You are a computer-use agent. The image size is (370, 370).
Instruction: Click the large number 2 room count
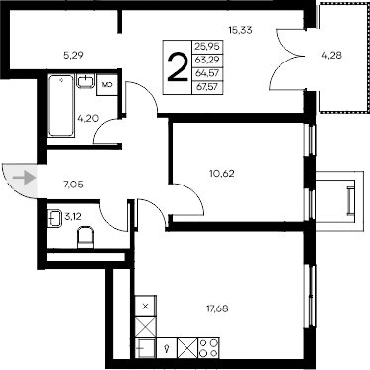pos(178,67)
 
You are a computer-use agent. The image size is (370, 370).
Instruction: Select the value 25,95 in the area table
pos(208,46)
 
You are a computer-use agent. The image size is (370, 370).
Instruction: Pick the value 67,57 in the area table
pos(208,87)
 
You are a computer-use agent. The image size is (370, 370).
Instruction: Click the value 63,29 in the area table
pos(208,60)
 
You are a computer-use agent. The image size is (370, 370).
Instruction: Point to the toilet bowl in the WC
pos(85,236)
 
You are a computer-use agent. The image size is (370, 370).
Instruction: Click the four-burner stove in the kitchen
pos(209,350)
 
